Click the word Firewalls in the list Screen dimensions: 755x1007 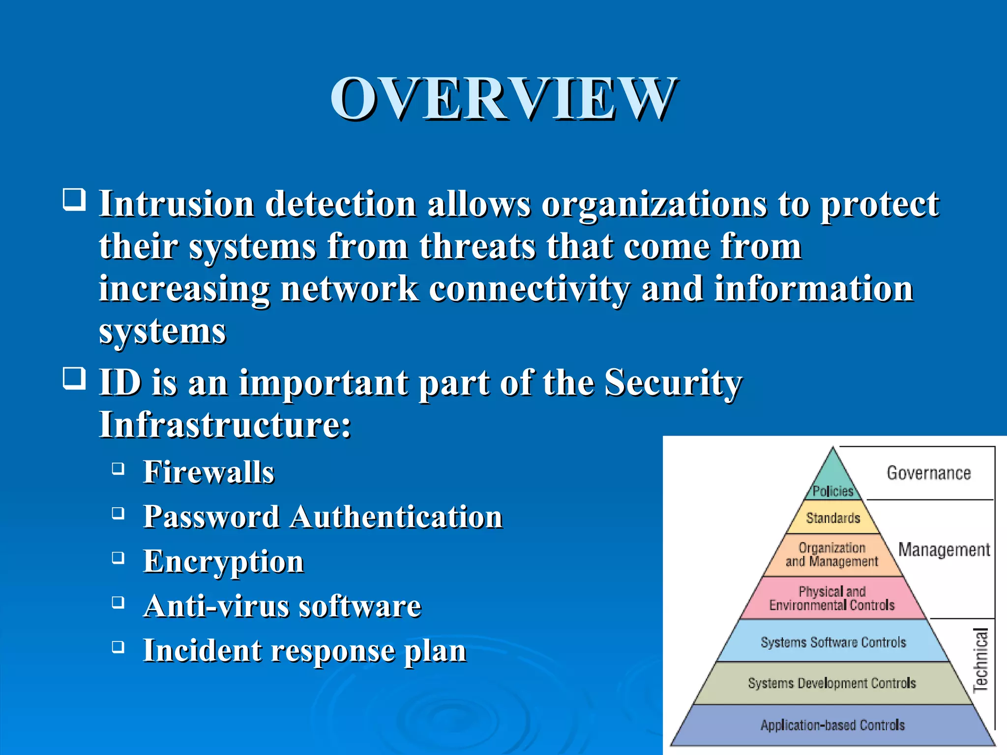point(208,472)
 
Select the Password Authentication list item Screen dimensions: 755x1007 point(323,517)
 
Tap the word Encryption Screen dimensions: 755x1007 point(223,562)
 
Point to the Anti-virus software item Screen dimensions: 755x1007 point(282,606)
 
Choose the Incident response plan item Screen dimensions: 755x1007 point(304,651)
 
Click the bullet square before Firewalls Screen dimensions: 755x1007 point(118,468)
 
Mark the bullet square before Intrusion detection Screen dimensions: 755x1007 point(75,200)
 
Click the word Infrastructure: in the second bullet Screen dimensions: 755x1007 point(225,425)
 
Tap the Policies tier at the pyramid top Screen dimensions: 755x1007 point(832,491)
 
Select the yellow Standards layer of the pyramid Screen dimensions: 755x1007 point(833,518)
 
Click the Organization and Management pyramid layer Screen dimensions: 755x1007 point(832,555)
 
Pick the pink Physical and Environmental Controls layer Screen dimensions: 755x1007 point(832,598)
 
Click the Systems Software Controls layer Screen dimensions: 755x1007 point(833,642)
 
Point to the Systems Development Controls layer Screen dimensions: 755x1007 point(832,683)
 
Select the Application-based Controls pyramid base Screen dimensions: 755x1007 point(832,725)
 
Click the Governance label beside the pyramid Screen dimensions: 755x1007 point(929,473)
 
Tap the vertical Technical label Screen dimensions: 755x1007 point(980,660)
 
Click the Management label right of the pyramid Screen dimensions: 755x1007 point(944,550)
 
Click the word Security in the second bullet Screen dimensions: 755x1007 point(673,382)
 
